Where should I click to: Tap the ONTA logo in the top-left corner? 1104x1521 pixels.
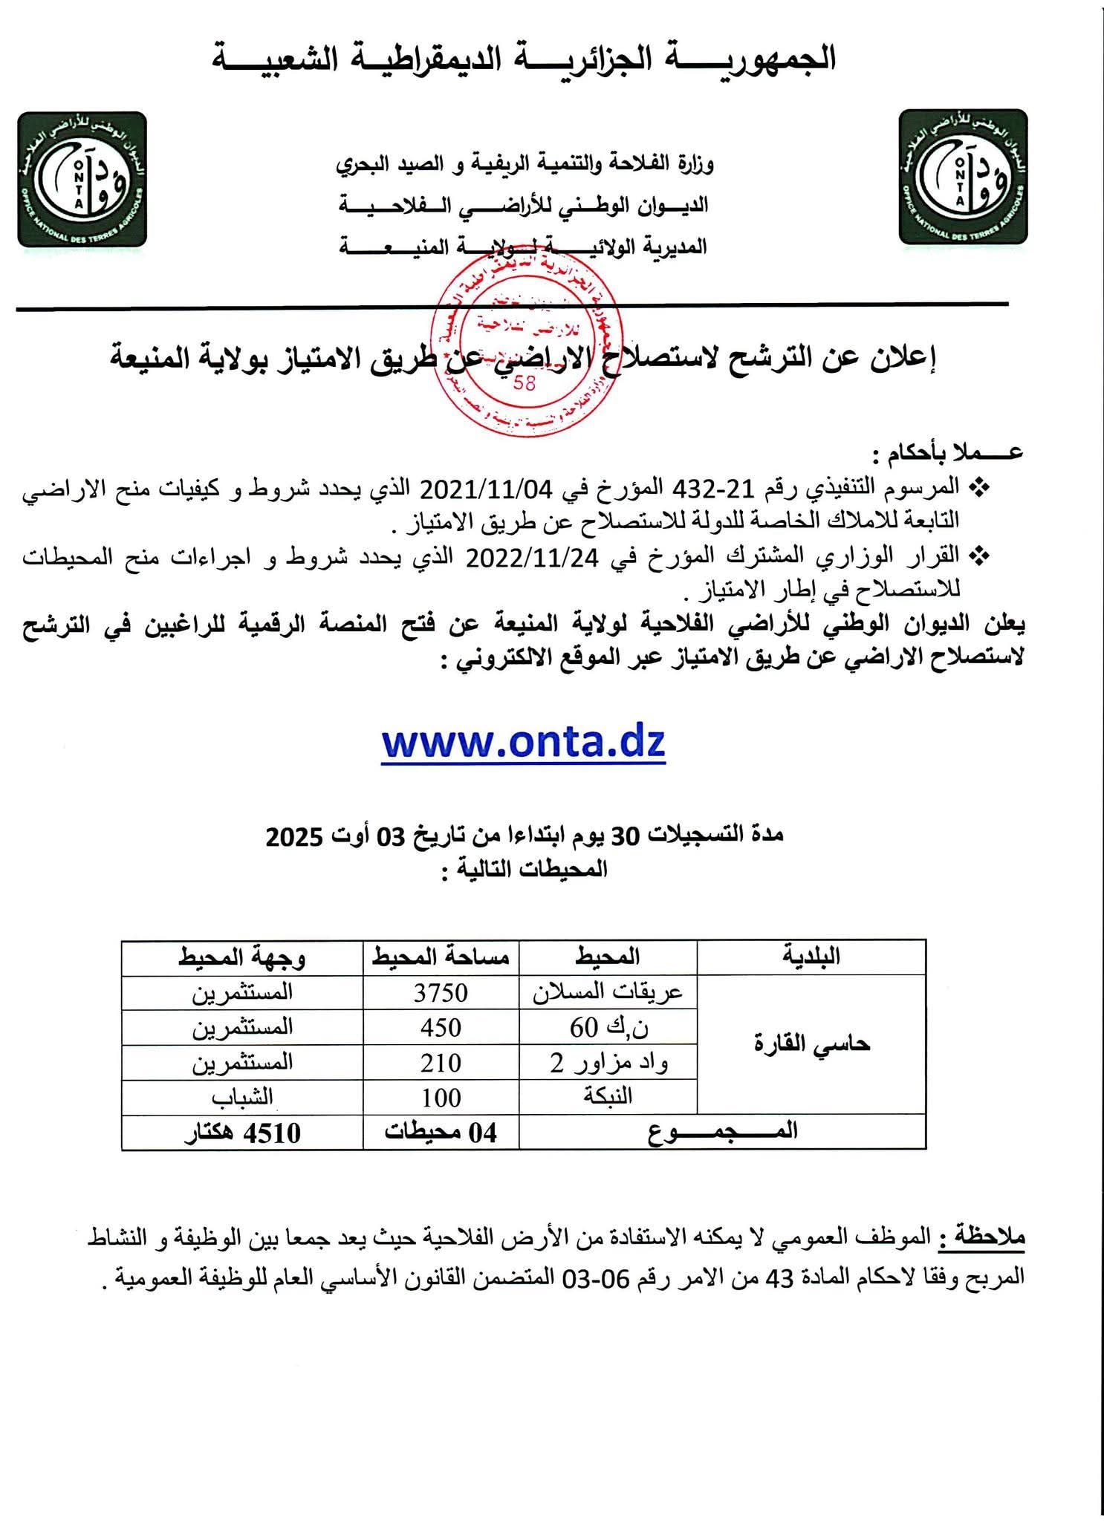coord(82,179)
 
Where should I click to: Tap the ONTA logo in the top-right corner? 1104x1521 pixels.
coord(963,177)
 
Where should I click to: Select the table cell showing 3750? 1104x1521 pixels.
coord(441,992)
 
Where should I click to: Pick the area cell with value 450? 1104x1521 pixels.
coord(441,1028)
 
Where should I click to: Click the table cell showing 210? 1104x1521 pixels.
coord(441,1063)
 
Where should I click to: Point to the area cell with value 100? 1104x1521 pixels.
coord(441,1098)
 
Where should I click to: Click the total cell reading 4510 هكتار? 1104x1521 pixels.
coord(242,1133)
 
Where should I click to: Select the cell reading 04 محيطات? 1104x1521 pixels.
coord(441,1133)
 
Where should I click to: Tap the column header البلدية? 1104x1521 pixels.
coord(811,957)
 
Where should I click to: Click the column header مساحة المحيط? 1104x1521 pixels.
coord(441,957)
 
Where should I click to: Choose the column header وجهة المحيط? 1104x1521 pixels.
coord(242,957)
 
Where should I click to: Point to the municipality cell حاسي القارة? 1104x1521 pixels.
coord(811,1044)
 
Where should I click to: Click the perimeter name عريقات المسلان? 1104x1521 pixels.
coord(608,992)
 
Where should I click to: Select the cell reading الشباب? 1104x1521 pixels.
coord(242,1098)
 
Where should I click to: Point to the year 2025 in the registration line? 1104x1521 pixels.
coord(294,837)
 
